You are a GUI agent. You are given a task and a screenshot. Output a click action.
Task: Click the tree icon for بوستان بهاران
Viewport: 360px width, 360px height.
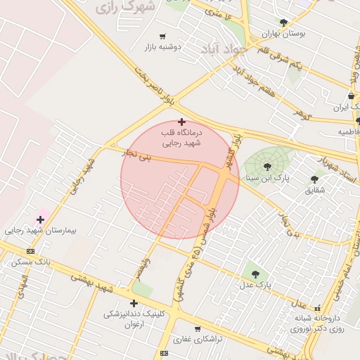[x=283, y=22]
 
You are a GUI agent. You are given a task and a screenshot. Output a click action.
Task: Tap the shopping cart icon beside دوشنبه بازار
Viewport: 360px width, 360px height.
[x=163, y=36]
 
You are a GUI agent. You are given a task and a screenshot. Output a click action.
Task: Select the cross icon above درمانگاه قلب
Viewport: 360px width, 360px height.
[x=181, y=122]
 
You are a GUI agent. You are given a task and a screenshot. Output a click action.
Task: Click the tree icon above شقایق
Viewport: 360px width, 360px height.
[x=314, y=179]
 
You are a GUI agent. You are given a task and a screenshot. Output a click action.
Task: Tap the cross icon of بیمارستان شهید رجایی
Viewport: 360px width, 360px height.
[x=40, y=219]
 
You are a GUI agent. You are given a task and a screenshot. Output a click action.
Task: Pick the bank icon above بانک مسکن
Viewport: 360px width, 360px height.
[x=30, y=251]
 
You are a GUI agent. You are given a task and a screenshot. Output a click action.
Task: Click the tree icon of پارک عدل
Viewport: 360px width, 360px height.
[x=255, y=274]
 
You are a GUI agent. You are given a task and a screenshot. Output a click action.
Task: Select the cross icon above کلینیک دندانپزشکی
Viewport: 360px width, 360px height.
[x=134, y=303]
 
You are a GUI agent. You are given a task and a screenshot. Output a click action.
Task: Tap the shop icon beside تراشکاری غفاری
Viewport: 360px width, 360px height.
[x=198, y=328]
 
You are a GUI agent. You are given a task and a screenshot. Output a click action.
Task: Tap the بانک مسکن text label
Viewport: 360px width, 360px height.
[x=30, y=262]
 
